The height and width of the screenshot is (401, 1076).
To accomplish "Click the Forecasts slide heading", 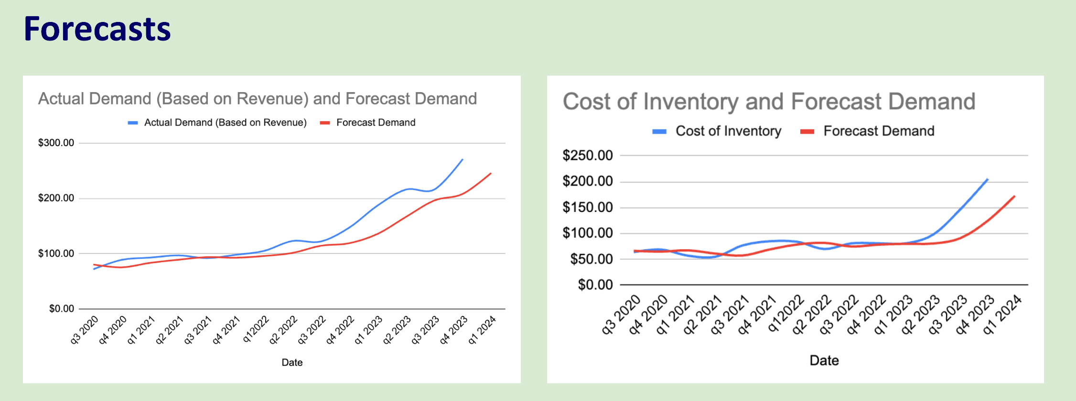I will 97,29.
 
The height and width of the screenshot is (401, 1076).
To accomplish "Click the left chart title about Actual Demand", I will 257,99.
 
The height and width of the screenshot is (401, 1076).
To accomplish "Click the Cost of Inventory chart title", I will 769,102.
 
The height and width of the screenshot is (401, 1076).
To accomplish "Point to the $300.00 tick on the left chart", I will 56,143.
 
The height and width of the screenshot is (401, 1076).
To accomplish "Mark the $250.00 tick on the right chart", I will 587,156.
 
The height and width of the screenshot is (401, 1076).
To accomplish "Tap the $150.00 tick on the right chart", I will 587,207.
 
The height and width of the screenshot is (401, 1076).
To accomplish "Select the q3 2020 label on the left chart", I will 85,329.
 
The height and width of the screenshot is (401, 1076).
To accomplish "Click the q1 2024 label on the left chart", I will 482,329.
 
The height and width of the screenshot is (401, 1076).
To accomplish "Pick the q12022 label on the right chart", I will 786,314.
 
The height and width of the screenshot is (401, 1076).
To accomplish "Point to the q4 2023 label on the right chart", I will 975,315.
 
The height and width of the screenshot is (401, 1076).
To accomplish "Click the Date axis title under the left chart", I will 292,362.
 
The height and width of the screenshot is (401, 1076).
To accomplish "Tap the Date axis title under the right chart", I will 824,360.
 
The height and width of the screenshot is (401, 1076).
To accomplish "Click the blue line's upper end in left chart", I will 463,159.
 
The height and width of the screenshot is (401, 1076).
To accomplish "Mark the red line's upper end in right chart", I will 1014,196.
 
